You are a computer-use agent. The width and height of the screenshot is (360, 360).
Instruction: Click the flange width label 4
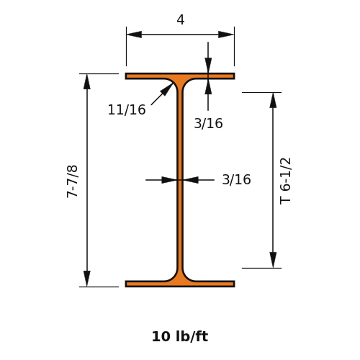[x=181, y=20]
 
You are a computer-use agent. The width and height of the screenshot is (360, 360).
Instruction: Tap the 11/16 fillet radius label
[x=127, y=110]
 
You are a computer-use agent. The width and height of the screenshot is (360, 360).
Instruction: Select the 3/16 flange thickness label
[x=208, y=124]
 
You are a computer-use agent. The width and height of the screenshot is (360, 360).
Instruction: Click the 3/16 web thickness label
[x=236, y=179]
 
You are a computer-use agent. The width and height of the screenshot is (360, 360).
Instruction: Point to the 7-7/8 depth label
[x=72, y=181]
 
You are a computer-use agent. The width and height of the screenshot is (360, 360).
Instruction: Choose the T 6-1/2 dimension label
[x=285, y=181]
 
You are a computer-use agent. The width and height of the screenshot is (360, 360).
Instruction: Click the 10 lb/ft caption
[x=180, y=336]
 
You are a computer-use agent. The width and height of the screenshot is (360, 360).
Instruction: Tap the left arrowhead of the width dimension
[x=134, y=35]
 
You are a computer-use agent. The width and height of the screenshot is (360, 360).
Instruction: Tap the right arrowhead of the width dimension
[x=226, y=35]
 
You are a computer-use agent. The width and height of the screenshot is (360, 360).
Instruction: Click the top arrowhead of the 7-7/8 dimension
[x=87, y=81]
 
